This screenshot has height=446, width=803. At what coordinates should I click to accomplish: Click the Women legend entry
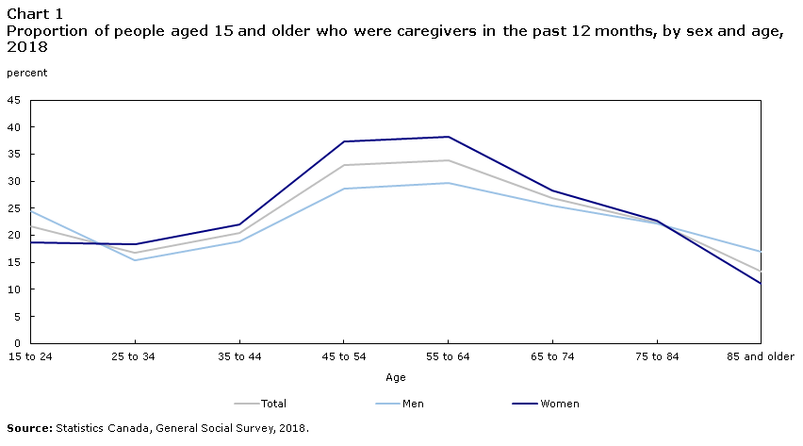(x=546, y=404)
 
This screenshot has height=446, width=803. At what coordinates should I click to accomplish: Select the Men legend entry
(x=400, y=404)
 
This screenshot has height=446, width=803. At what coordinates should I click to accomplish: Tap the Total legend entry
(x=260, y=404)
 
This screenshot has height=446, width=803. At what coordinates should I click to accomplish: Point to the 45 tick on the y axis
(x=14, y=100)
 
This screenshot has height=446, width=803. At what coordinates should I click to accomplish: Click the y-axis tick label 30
(x=14, y=181)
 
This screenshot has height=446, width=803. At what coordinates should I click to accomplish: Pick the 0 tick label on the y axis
(x=17, y=343)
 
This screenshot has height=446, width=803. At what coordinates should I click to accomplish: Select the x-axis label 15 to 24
(x=30, y=356)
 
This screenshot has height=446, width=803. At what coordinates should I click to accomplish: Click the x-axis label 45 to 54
(x=344, y=356)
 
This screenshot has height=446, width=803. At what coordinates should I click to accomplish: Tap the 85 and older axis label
(x=761, y=356)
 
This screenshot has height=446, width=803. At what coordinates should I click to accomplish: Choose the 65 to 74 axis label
(x=552, y=356)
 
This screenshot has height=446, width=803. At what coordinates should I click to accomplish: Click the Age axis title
(x=395, y=378)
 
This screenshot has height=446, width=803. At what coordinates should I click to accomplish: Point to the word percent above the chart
(x=26, y=73)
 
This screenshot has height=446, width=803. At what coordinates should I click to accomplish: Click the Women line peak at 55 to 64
(x=448, y=137)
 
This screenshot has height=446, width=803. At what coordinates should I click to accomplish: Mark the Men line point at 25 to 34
(x=135, y=260)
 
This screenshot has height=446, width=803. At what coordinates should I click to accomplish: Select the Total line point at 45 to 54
(x=344, y=165)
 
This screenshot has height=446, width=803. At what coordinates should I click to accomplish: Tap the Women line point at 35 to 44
(x=239, y=224)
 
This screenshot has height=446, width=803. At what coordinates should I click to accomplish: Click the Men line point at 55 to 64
(x=448, y=183)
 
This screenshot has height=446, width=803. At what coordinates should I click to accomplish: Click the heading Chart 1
(x=34, y=14)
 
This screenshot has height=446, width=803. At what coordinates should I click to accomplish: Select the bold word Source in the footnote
(x=29, y=428)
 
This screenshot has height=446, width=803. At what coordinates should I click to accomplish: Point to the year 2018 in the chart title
(x=27, y=46)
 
